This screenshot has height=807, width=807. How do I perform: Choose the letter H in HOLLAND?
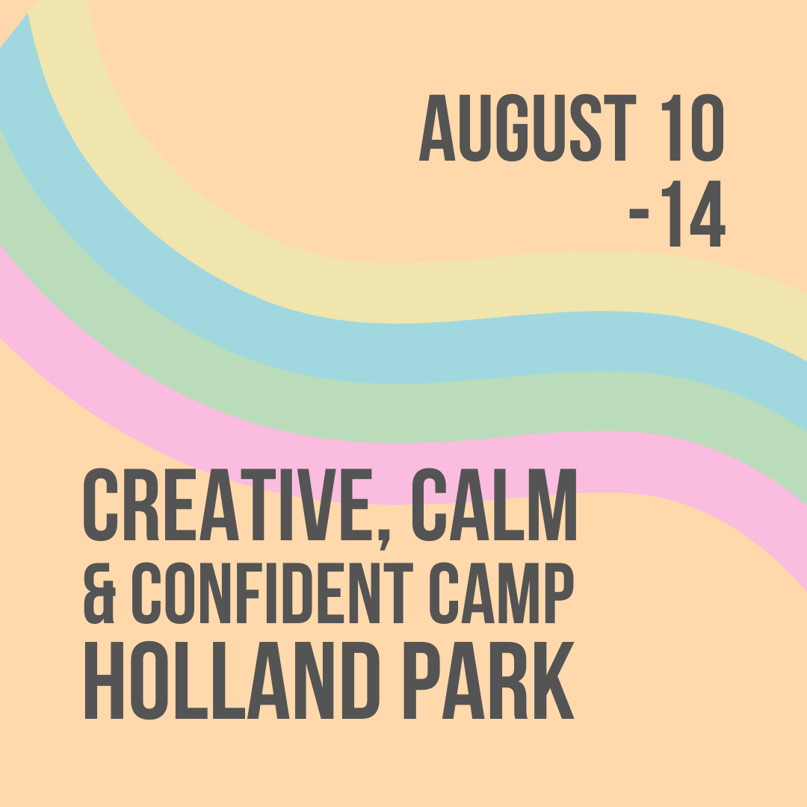coord(104,680)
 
